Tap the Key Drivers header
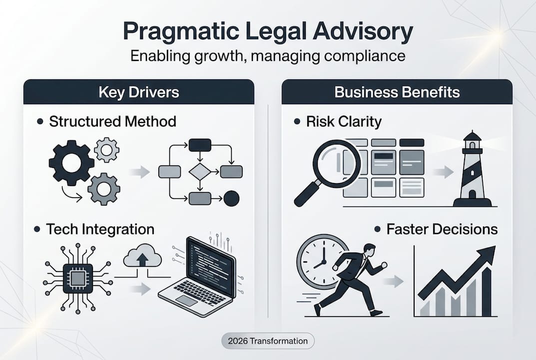pyautogui.click(x=139, y=92)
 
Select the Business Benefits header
pyautogui.click(x=397, y=92)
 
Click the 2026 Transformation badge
pyautogui.click(x=268, y=341)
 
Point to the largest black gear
pyautogui.click(x=71, y=162)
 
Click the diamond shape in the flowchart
pyautogui.click(x=200, y=171)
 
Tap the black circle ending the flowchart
pyautogui.click(x=231, y=198)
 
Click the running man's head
pyautogui.click(x=369, y=249)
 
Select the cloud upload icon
pyautogui.click(x=142, y=255)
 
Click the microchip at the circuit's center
pyautogui.click(x=78, y=278)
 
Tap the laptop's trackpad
pyautogui.click(x=187, y=300)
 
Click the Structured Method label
pyautogui.click(x=112, y=121)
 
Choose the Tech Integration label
pyautogui.click(x=100, y=229)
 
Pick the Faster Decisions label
pyautogui.click(x=442, y=229)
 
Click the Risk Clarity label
pyautogui.click(x=344, y=121)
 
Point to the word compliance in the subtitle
pyautogui.click(x=365, y=56)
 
